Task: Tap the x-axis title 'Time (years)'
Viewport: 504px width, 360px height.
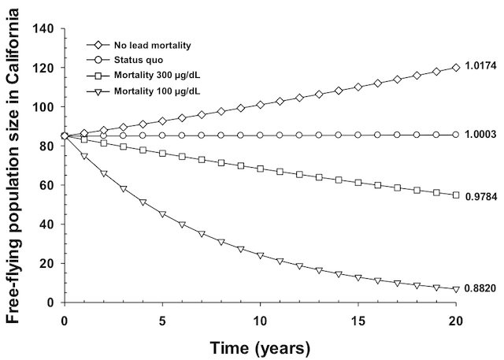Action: (260, 345)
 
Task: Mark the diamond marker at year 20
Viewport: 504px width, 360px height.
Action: (456, 68)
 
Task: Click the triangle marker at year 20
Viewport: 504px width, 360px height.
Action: (456, 289)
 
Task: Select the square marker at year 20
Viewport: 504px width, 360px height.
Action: (456, 195)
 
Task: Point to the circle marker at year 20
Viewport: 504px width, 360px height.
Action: (456, 135)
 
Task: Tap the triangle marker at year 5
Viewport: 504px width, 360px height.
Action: (162, 214)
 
